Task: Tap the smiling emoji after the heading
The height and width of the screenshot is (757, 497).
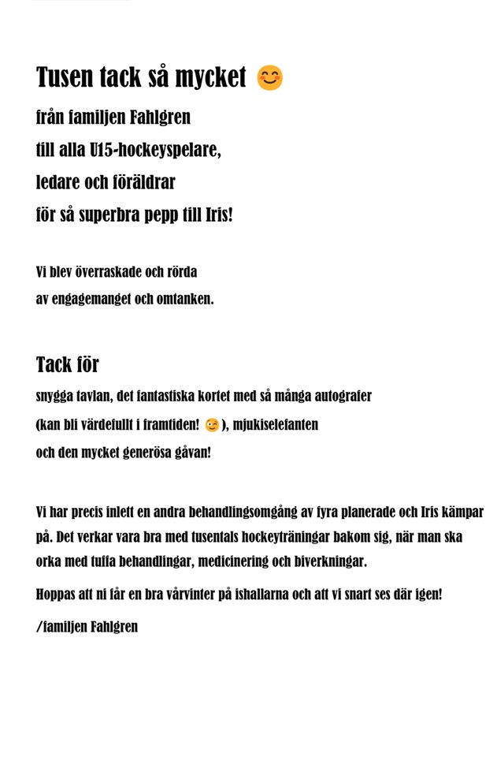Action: [270, 78]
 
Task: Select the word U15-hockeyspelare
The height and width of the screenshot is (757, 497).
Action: [155, 150]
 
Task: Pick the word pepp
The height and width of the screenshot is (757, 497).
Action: [163, 214]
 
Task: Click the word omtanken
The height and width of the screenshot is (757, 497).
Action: [185, 300]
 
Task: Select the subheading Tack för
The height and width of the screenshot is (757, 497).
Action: [68, 365]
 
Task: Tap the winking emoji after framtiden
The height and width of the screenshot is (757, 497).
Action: [211, 426]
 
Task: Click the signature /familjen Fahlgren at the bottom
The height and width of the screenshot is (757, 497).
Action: [87, 627]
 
